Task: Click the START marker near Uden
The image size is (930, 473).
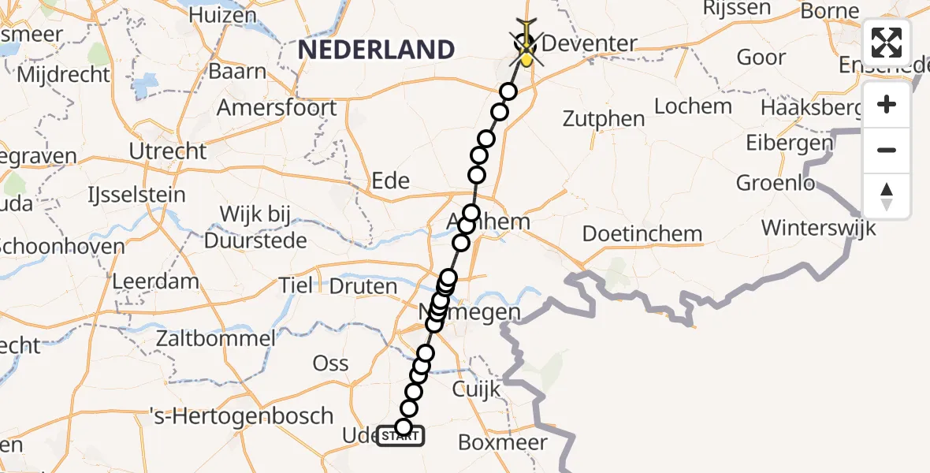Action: pos(401,435)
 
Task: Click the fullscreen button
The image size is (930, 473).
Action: pos(887,43)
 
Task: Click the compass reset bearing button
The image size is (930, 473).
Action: pos(887,196)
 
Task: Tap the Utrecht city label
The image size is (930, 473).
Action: pos(168,151)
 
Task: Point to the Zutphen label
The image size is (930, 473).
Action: pos(604,119)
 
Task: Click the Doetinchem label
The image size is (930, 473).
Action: pos(642,233)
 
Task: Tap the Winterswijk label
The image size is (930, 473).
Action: pos(819,228)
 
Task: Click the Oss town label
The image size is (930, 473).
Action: pos(331,363)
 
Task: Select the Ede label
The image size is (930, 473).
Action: pos(391,181)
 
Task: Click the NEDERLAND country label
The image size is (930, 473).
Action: pos(377,50)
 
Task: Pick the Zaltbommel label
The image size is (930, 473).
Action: pos(215,339)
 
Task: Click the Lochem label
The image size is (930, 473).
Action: pos(694,106)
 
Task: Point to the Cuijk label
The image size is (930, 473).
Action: pos(477,389)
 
